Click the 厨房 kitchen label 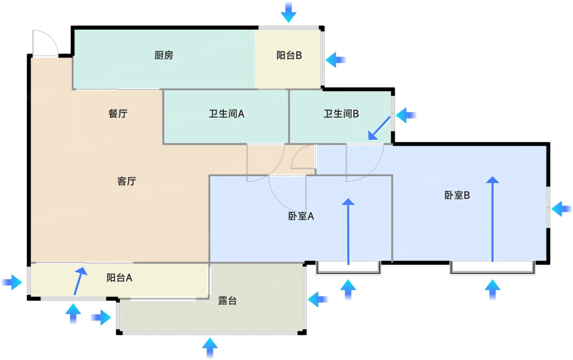(164, 55)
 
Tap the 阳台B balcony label (289, 55)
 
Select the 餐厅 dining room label (118, 114)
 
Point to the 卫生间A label (227, 114)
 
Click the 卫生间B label (341, 114)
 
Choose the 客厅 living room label (126, 181)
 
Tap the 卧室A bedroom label (301, 216)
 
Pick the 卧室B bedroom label (457, 196)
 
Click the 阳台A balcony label (119, 278)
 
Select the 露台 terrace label (228, 301)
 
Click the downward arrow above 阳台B (289, 12)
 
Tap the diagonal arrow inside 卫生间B (379, 128)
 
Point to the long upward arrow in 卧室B (492, 219)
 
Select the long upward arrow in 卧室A (348, 232)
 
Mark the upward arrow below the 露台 (210, 348)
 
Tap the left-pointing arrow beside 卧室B (562, 209)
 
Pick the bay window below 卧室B (492, 268)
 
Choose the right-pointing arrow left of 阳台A (11, 282)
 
